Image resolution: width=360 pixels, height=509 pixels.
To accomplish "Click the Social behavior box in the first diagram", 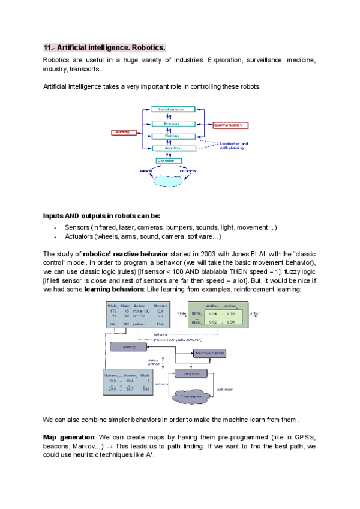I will coord(172,109).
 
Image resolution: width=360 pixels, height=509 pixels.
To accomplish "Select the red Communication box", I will coord(231,125).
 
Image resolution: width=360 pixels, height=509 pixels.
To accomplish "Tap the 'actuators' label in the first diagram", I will coord(188,170).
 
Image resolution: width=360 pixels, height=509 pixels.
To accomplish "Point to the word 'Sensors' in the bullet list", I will coord(77,228).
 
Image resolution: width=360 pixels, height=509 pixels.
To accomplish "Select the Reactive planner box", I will coord(210,354).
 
